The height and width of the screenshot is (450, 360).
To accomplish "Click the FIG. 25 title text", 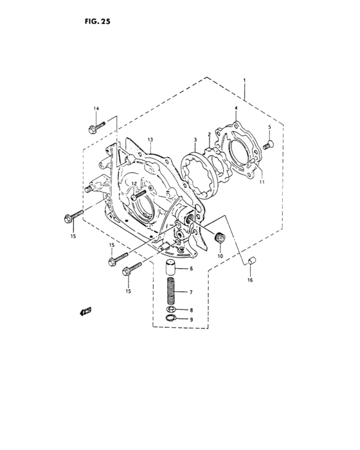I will pyautogui.click(x=98, y=21).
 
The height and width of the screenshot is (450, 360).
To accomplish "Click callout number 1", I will pyautogui.click(x=244, y=80).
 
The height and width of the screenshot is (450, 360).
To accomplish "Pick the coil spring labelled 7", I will pyautogui.click(x=172, y=292).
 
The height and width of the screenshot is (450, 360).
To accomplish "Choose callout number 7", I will pyautogui.click(x=190, y=292).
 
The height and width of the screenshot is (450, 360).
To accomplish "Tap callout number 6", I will pyautogui.click(x=190, y=269).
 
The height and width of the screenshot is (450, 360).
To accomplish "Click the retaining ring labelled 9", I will pyautogui.click(x=170, y=319).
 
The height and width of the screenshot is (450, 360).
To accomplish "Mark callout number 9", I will pyautogui.click(x=190, y=319).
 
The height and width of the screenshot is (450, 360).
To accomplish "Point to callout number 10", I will pyautogui.click(x=220, y=256).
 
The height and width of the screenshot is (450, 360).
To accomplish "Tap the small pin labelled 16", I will pyautogui.click(x=253, y=260).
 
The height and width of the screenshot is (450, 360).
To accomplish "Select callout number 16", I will pyautogui.click(x=250, y=280).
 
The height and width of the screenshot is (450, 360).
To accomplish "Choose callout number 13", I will pyautogui.click(x=150, y=140).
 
